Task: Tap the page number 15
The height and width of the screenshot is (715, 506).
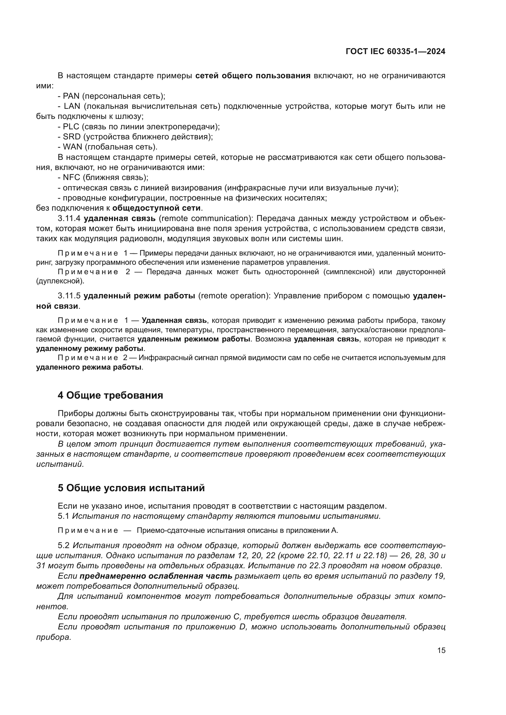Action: tap(441, 650)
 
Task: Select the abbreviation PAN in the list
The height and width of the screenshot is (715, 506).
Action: tap(71, 96)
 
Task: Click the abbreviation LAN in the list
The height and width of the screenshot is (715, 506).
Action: tap(72, 106)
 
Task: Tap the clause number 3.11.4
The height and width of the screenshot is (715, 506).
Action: tap(69, 218)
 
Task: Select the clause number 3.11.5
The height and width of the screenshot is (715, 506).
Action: tap(69, 296)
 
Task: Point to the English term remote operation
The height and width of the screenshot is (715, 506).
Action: tap(234, 296)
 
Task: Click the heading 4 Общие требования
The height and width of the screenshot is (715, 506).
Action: tap(110, 395)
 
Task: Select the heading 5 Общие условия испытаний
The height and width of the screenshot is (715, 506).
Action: tap(131, 488)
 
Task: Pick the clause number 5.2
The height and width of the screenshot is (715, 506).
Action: tap(63, 545)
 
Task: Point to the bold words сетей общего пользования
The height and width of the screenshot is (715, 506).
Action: tap(253, 76)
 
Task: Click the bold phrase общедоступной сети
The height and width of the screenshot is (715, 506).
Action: tap(156, 208)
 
